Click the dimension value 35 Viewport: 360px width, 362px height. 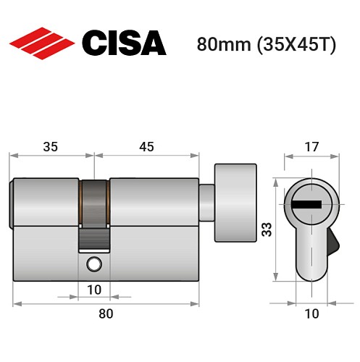pyautogui.click(x=51, y=146)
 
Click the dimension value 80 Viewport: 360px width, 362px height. pyautogui.click(x=106, y=313)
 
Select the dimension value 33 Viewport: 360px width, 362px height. pyautogui.click(x=266, y=230)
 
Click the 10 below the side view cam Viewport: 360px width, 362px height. pyautogui.click(x=94, y=290)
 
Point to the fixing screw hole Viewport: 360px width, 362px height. pyautogui.click(x=93, y=265)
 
